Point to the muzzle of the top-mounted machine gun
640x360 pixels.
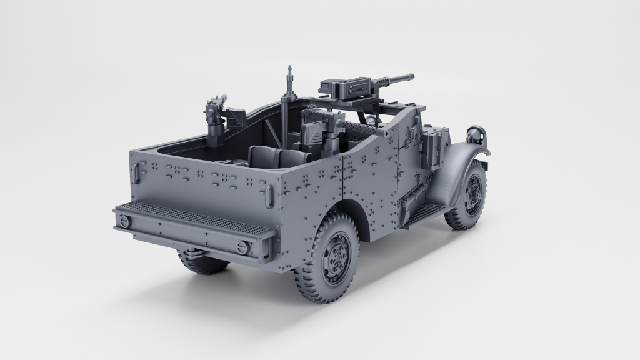tap(411, 77)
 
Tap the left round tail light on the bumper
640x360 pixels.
tap(124, 221)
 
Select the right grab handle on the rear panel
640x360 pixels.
tap(268, 196)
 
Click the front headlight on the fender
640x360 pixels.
tap(477, 133)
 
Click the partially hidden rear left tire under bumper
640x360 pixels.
tap(203, 264)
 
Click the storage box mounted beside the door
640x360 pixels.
tap(432, 147)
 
